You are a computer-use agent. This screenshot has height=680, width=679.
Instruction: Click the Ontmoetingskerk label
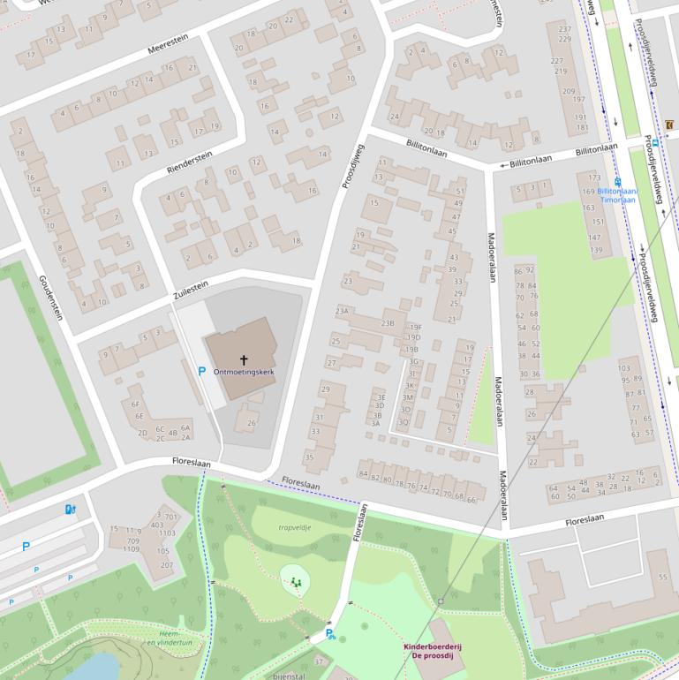(x=244, y=373)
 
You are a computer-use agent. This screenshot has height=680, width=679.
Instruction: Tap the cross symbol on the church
(x=244, y=359)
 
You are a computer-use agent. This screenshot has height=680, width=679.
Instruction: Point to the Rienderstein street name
(x=190, y=161)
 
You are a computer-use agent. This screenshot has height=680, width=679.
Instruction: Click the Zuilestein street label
(x=191, y=289)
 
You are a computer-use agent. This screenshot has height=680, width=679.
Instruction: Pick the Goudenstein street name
(x=50, y=297)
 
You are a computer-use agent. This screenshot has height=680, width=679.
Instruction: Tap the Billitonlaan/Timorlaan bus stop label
(x=616, y=194)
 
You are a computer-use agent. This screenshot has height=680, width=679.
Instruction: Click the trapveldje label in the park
(x=295, y=527)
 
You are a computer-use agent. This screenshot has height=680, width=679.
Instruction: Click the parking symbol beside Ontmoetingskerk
(x=201, y=373)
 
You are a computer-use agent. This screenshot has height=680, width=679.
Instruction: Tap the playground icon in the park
(x=295, y=582)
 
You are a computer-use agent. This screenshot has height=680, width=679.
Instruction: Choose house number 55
(x=662, y=577)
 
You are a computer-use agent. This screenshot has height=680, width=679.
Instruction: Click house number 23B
(x=387, y=323)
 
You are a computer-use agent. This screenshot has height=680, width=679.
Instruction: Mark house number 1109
(x=131, y=549)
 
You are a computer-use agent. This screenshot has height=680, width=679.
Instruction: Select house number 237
(x=565, y=29)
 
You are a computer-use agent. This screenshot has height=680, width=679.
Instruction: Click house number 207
(x=166, y=564)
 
